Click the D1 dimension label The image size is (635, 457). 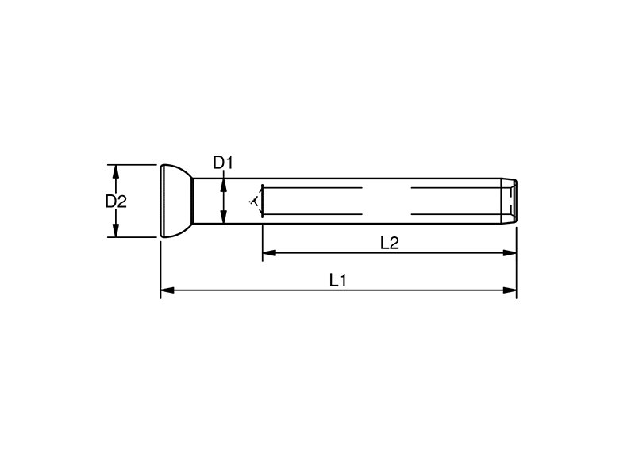point(223,163)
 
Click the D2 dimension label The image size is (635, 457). point(116,202)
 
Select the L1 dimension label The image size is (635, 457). point(338,280)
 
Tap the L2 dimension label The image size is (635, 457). point(390,243)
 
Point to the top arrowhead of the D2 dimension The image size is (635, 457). point(116,171)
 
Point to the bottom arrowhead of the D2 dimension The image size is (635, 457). point(116,231)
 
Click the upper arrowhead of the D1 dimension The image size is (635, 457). point(223,185)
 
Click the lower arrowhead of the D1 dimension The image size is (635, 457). point(223,217)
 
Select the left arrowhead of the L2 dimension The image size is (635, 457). point(269,253)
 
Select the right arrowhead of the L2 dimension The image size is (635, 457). point(510,253)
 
